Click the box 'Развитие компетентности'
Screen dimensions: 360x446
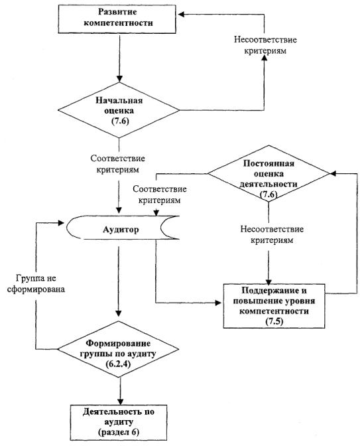[117, 19]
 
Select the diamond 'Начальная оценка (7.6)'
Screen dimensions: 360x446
[119, 110]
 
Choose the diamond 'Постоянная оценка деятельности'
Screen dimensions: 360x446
[269, 174]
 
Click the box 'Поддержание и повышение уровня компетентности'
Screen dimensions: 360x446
[274, 306]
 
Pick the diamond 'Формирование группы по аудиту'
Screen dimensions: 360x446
[119, 349]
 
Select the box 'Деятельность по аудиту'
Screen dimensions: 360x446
[119, 422]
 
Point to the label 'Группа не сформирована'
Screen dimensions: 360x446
[36, 283]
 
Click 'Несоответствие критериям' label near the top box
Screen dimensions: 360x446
[265, 45]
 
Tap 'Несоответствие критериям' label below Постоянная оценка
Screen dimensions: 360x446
[272, 235]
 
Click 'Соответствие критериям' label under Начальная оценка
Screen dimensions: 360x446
[117, 164]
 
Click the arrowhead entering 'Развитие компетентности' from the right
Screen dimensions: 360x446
[181, 14]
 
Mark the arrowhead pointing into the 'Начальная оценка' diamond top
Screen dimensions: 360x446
[119, 79]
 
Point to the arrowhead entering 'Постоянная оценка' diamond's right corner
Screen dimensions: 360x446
[333, 173]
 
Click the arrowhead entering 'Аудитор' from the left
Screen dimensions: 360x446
[61, 223]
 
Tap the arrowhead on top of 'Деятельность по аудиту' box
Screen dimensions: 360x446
[121, 401]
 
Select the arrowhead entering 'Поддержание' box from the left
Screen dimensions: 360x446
[218, 303]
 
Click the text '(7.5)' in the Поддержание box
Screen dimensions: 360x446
[274, 321]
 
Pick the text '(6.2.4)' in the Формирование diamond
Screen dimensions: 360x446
[118, 364]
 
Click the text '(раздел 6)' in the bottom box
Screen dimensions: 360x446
[119, 432]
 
